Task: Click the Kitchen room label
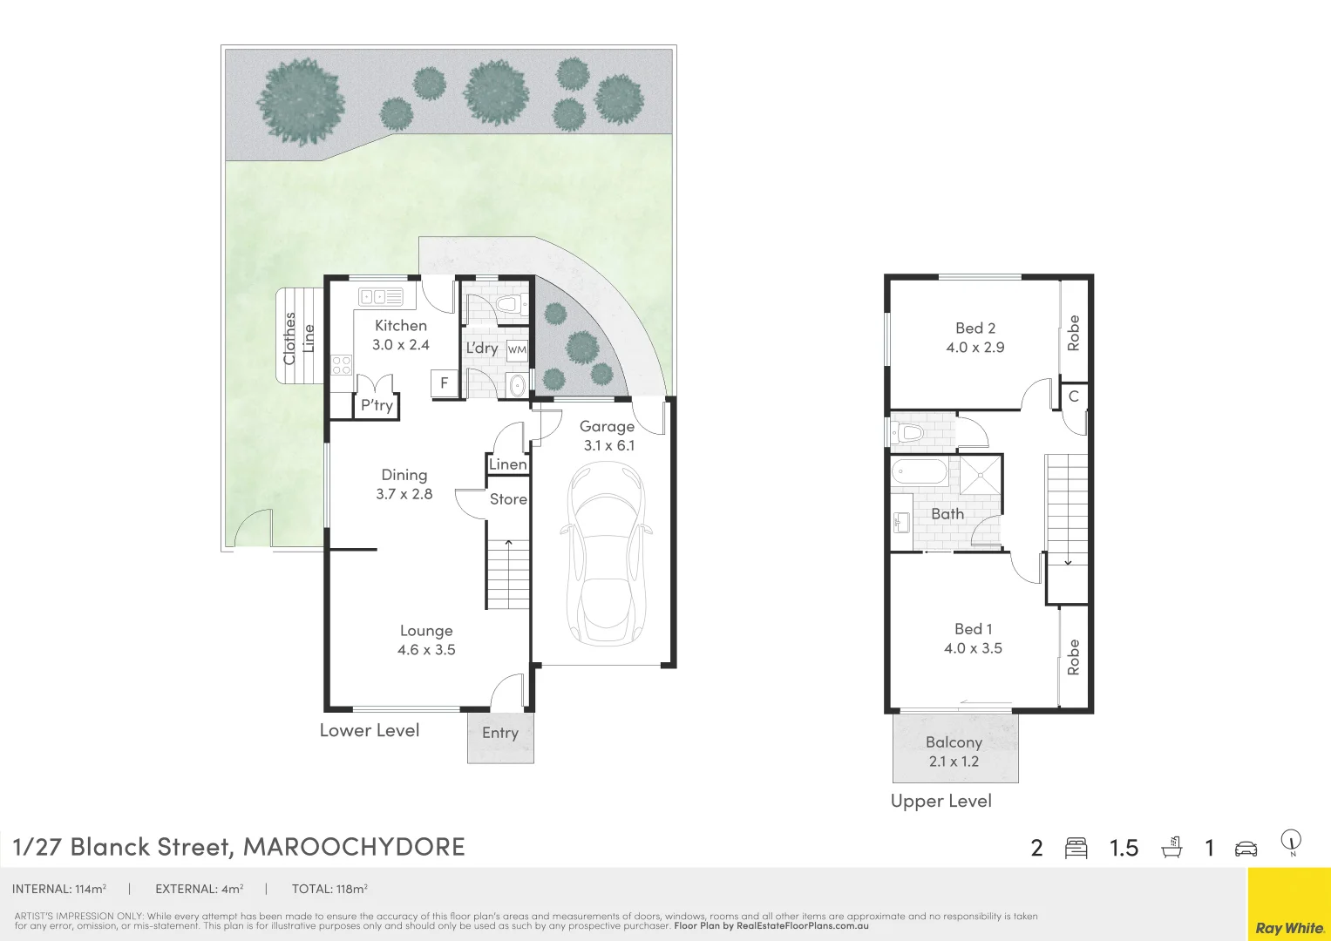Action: (x=400, y=326)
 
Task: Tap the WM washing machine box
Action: (x=517, y=349)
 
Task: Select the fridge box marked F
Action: (x=445, y=382)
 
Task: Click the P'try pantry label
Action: (x=377, y=405)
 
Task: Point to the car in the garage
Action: (x=606, y=558)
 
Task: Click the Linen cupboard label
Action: (x=507, y=464)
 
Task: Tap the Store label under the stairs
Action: (x=508, y=499)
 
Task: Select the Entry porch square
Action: (x=500, y=737)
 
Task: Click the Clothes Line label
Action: (x=298, y=338)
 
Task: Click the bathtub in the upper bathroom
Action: (x=920, y=473)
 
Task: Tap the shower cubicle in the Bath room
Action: (x=981, y=475)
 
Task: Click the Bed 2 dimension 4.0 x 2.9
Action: (x=974, y=348)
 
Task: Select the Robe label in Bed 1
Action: (x=1074, y=657)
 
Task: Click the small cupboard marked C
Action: (x=1074, y=396)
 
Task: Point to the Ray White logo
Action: (x=1289, y=928)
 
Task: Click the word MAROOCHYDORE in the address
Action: (x=354, y=847)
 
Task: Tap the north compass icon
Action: (x=1291, y=843)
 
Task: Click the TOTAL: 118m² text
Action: (x=329, y=890)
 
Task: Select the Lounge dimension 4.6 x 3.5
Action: (x=426, y=650)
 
